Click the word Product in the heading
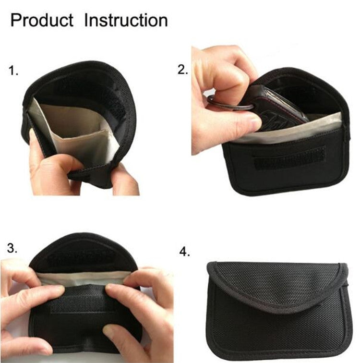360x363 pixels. tap(42, 20)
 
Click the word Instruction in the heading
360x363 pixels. tap(126, 20)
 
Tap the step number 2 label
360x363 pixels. tap(183, 70)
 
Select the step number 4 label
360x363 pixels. tap(184, 252)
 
